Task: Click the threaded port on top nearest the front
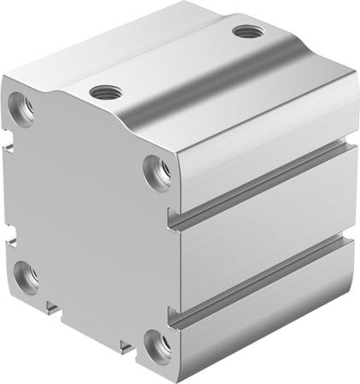[x=105, y=90]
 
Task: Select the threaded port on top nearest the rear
[x=247, y=32]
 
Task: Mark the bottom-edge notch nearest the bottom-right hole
[x=125, y=345]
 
